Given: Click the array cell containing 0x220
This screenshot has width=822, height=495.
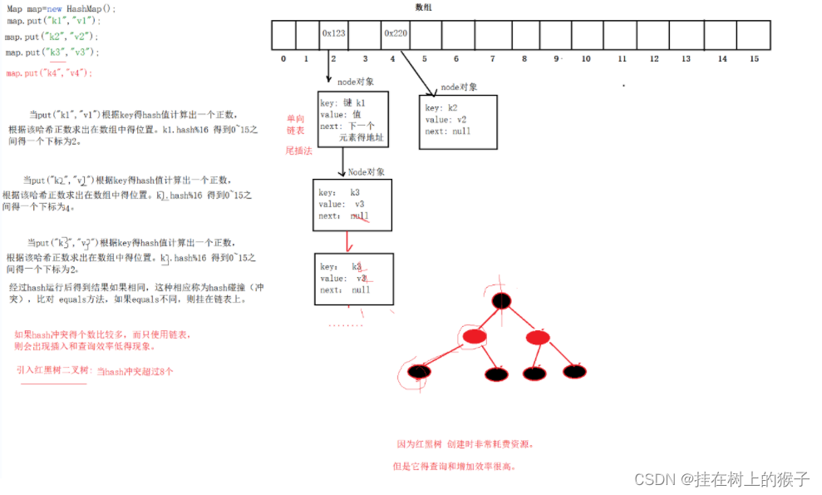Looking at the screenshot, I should pyautogui.click(x=395, y=35).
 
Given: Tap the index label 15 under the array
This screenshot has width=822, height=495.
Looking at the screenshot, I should pyautogui.click(x=754, y=59).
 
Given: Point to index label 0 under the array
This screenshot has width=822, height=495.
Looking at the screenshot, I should pyautogui.click(x=283, y=59).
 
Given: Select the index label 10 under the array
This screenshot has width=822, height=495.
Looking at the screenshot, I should pyautogui.click(x=586, y=59).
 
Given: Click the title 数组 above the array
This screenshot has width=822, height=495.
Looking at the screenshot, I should pyautogui.click(x=423, y=7).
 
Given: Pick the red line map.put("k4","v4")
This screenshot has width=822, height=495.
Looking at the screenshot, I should pyautogui.click(x=49, y=73).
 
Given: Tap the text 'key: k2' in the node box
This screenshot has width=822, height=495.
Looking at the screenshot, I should pyautogui.click(x=441, y=108).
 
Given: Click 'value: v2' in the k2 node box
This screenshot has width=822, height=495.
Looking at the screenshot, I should pyautogui.click(x=445, y=120).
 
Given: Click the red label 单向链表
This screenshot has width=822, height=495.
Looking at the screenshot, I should pyautogui.click(x=296, y=125).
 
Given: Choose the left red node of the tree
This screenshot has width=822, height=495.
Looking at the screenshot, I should pyautogui.click(x=473, y=336).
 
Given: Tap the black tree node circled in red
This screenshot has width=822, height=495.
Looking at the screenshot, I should pyautogui.click(x=419, y=372).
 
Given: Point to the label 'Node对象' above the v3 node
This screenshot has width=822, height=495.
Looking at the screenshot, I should pyautogui.click(x=366, y=172).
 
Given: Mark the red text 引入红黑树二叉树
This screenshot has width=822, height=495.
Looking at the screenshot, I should pyautogui.click(x=54, y=372).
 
